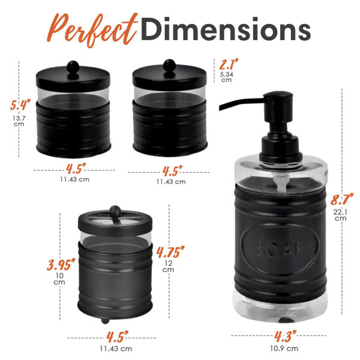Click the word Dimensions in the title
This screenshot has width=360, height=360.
tap(226, 29)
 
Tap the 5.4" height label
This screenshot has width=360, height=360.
tap(20, 104)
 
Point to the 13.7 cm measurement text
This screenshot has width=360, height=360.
tap(19, 121)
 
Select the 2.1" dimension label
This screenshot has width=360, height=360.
tap(229, 64)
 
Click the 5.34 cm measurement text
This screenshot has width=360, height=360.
tap(227, 77)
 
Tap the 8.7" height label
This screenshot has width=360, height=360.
tap(341, 199)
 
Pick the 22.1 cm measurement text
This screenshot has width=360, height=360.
tap(340, 215)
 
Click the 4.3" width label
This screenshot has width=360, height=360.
tap(286, 336)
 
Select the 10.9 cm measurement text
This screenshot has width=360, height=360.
tap(284, 349)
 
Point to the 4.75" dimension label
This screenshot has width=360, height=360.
tap(170, 252)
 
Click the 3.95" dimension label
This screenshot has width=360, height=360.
tap(61, 265)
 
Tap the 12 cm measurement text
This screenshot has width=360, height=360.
tap(168, 266)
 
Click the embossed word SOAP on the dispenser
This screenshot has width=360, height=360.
tap(278, 248)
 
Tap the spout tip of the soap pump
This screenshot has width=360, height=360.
tap(221, 107)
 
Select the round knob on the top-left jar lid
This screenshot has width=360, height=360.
tap(73, 67)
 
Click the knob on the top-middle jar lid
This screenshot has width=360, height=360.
tap(169, 65)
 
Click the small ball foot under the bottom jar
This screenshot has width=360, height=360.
tap(105, 320)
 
